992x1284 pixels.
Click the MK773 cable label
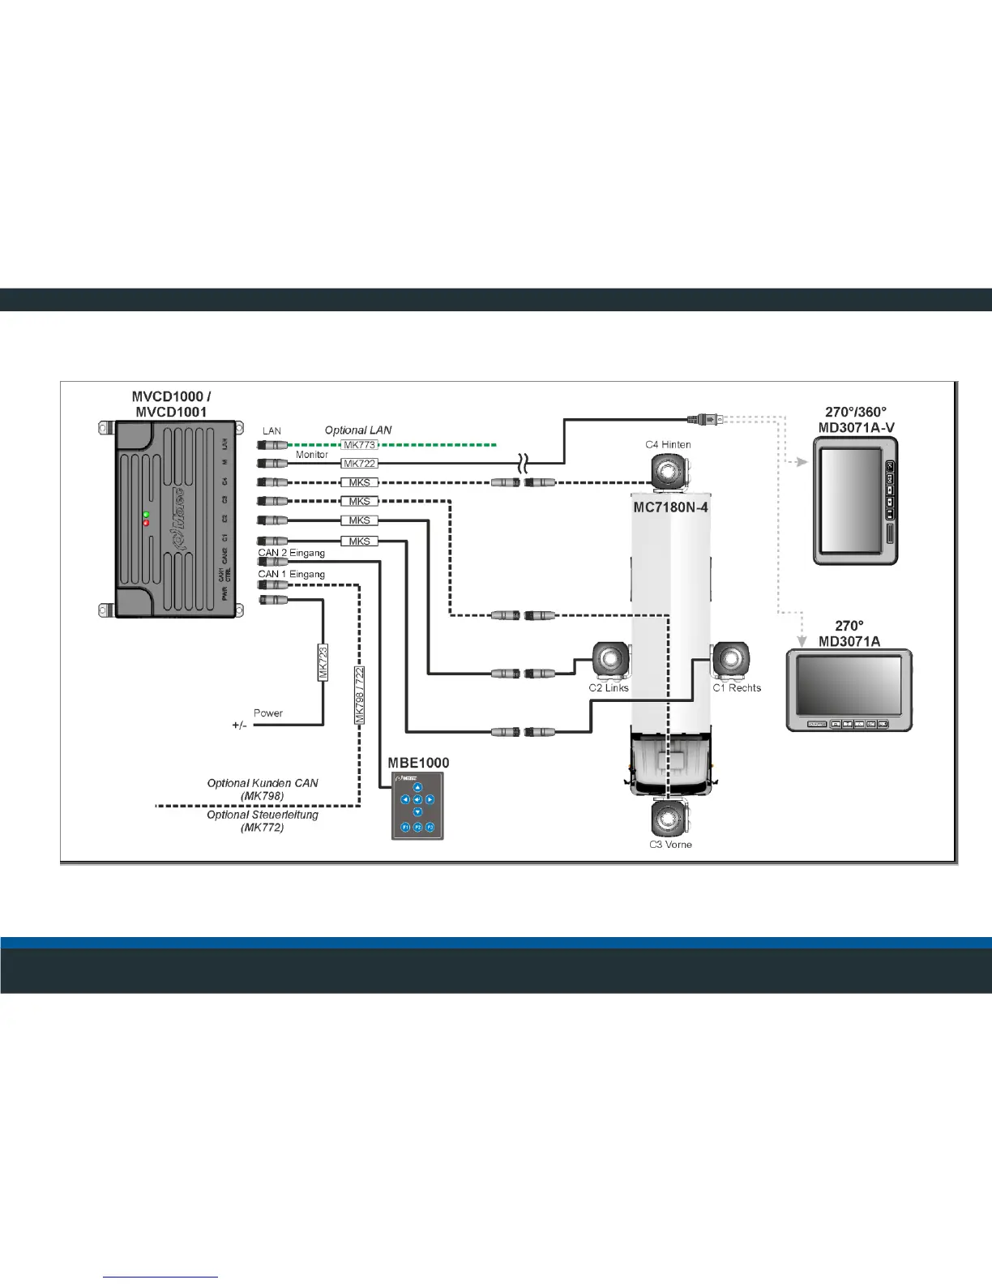point(359,445)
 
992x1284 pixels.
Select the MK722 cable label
point(359,464)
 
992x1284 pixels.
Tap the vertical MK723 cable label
point(323,662)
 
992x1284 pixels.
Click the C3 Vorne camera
point(669,820)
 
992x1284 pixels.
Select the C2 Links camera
point(610,661)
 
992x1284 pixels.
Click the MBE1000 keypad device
point(417,806)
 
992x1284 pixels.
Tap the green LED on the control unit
point(146,514)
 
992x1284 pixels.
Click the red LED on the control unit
point(146,523)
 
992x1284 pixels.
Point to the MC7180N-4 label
point(671,507)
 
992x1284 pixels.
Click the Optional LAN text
point(358,430)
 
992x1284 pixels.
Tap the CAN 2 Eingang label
point(292,553)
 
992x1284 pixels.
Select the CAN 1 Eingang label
point(292,574)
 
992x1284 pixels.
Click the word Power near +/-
point(268,713)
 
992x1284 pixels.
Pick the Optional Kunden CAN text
point(263,783)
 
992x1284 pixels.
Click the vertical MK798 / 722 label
point(359,695)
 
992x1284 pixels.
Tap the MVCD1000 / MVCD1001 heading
point(171,404)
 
